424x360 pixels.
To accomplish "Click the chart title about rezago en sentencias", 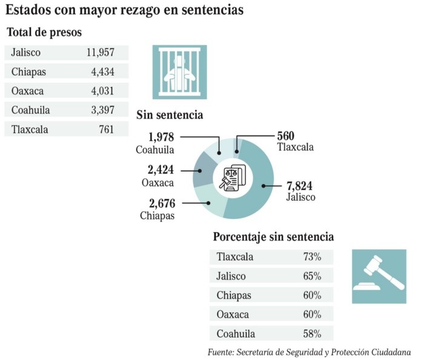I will (125, 10).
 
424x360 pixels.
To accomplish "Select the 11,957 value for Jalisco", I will (101, 53).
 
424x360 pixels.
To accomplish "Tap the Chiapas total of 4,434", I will (102, 72).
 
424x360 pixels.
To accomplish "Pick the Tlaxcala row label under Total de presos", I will (30, 129).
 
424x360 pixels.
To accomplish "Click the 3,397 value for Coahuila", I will (102, 110).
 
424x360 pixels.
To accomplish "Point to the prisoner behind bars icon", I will (179, 72).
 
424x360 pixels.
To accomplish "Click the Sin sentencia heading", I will (170, 115).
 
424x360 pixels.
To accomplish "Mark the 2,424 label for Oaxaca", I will (161, 170).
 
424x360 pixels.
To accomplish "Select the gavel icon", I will (379, 277).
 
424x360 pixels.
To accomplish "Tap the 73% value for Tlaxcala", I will (312, 257).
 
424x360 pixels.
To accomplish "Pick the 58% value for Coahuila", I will (312, 333).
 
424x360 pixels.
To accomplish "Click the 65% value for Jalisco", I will (312, 276).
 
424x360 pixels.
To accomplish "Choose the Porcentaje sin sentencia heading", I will (274, 237).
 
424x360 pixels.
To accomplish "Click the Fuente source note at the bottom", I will (309, 352).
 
